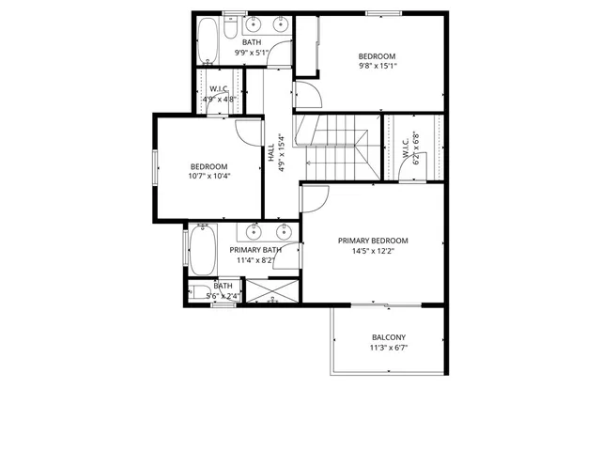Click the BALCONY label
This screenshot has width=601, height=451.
(389, 337)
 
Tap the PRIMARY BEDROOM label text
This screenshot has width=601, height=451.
(373, 241)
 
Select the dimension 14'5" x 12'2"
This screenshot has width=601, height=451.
(373, 251)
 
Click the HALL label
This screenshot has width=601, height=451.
(270, 154)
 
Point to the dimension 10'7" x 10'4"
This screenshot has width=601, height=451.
(209, 176)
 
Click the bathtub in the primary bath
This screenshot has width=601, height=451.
(202, 250)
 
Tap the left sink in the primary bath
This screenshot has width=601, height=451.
(254, 231)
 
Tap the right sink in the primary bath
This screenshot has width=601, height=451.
(284, 231)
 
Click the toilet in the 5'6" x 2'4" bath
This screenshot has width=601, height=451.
(200, 292)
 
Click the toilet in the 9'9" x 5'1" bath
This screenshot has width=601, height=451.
(231, 25)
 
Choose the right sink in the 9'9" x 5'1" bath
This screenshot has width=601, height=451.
(281, 25)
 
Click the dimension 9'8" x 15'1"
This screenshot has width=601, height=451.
(377, 67)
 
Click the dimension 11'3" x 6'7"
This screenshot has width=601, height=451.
(389, 348)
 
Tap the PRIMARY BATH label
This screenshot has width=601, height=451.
(256, 250)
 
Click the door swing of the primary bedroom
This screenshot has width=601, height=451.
(314, 198)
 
